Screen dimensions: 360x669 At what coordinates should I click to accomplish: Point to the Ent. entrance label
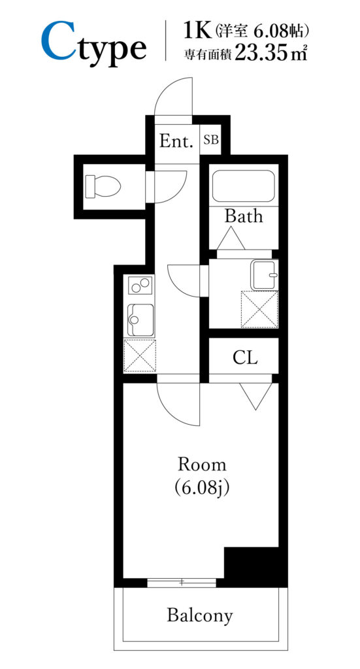tap(176, 141)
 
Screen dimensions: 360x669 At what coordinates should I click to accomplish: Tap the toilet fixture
tap(103, 186)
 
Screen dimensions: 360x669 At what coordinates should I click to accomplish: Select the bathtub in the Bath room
tap(243, 186)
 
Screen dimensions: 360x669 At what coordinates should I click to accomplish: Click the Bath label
tap(244, 216)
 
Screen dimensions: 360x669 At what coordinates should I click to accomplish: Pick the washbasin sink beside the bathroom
tap(265, 274)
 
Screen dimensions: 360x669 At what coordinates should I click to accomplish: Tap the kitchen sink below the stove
tap(140, 319)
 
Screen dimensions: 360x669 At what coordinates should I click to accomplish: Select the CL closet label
tap(245, 358)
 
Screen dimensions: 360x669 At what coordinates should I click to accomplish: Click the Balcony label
tap(200, 615)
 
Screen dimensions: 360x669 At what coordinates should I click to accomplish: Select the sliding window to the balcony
tap(182, 582)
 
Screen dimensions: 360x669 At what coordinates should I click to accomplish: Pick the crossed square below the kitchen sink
tap(139, 356)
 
